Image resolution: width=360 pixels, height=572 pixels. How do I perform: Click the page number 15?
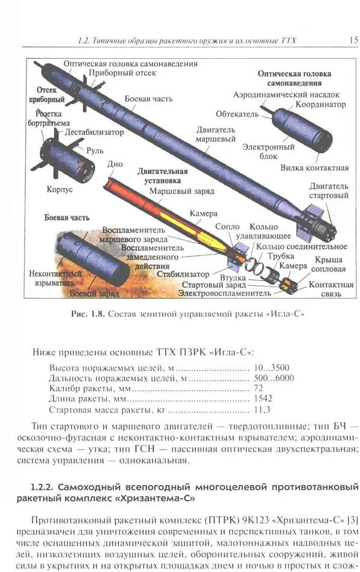353,40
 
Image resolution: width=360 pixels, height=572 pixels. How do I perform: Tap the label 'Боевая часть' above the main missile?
148,99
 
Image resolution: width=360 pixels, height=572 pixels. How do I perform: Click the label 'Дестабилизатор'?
94,132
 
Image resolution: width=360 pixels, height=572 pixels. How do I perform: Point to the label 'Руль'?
95,150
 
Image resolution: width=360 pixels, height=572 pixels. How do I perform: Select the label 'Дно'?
115,164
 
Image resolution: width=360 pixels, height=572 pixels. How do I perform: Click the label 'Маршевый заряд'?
182,191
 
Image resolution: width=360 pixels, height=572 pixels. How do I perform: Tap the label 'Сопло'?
227,227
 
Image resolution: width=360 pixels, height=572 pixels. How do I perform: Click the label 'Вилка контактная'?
314,168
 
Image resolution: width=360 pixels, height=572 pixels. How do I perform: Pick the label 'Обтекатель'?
237,114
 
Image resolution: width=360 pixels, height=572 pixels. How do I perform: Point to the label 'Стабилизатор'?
183,274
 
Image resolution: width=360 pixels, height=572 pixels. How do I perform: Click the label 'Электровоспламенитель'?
225,293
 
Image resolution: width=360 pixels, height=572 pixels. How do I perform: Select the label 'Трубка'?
281,257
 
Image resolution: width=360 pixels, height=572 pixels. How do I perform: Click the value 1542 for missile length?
263,398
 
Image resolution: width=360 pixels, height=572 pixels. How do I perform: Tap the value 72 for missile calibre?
258,388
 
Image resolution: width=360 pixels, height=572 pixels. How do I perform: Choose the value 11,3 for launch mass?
262,410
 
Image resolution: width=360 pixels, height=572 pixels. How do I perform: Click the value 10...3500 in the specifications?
272,367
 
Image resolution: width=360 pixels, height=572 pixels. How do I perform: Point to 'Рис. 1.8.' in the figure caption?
88,314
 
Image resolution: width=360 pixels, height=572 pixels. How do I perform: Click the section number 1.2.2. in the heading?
42,487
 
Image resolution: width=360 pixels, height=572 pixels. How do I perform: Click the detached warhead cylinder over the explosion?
93,254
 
